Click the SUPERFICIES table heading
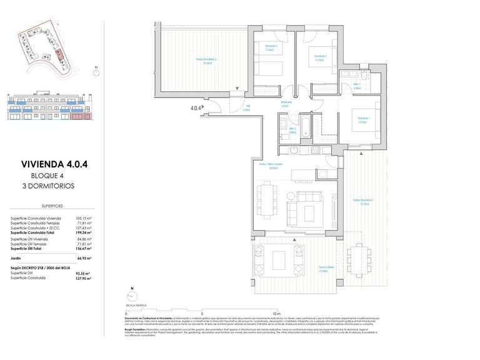(x=53, y=204)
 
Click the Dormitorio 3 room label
(x=271, y=49)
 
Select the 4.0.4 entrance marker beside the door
(x=196, y=107)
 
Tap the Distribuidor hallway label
(x=286, y=104)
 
